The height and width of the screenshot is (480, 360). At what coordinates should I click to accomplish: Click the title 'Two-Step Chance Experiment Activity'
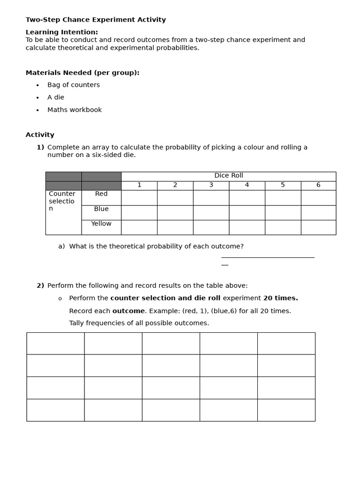(x=96, y=20)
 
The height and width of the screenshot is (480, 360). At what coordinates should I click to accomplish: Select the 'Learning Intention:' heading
(x=61, y=32)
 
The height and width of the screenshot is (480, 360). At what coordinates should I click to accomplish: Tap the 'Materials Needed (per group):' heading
(x=82, y=73)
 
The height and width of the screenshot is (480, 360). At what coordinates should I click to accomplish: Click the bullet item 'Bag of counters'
(x=74, y=85)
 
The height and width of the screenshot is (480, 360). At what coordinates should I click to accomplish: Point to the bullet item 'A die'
(x=56, y=97)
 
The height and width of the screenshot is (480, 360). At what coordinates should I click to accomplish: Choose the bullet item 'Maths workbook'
(x=75, y=110)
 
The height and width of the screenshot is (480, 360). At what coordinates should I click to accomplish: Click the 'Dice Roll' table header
(x=228, y=176)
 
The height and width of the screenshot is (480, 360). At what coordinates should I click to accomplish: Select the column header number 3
(x=211, y=185)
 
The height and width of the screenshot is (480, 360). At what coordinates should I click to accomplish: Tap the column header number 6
(x=318, y=185)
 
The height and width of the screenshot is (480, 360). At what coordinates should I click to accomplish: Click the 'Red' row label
(x=101, y=194)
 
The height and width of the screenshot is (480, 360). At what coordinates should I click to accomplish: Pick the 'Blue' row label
(x=101, y=209)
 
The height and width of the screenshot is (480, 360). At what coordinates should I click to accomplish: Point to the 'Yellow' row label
(x=101, y=224)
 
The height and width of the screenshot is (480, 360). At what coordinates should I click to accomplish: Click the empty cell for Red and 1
(x=139, y=198)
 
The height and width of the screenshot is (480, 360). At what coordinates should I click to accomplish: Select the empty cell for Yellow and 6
(x=318, y=227)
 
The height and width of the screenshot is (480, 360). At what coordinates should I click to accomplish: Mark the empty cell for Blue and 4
(x=247, y=212)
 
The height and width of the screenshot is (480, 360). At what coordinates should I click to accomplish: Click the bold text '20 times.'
(x=280, y=298)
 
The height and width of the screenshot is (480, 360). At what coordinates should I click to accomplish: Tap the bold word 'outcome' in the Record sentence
(x=128, y=311)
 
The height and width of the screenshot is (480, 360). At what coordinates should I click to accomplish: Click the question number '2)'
(x=40, y=285)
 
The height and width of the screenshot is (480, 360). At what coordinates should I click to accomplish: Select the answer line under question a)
(x=267, y=257)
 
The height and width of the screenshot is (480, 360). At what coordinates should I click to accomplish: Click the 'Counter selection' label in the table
(x=62, y=201)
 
